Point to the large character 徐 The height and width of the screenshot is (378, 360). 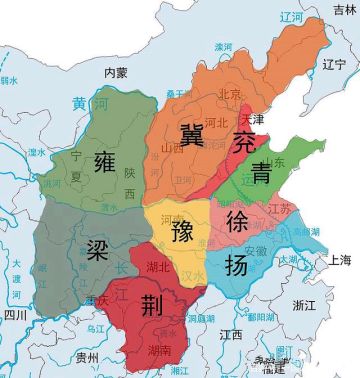238,219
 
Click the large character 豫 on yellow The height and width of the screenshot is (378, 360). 182,232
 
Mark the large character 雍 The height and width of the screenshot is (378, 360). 105,162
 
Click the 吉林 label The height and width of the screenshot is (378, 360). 342,8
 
